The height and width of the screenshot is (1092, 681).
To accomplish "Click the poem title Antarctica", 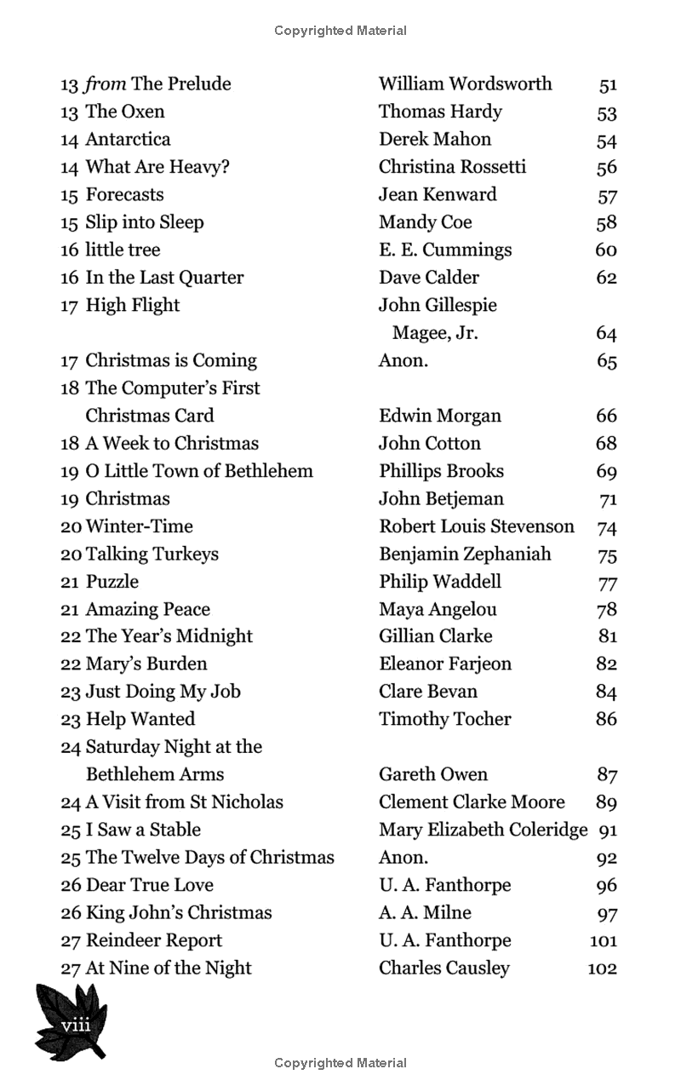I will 128,140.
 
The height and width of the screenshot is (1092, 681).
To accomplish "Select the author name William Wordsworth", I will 465,84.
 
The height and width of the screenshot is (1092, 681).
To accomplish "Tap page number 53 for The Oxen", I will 607,112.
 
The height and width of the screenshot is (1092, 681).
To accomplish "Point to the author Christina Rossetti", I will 452,167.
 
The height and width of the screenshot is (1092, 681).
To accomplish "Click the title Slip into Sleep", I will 145,222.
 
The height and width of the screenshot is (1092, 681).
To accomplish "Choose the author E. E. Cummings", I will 445,250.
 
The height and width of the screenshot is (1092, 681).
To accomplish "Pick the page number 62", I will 606,278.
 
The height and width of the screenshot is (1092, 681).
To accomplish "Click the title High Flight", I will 133,305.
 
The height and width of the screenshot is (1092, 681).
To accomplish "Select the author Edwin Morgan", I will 440,416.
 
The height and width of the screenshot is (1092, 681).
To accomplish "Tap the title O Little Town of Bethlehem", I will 199,471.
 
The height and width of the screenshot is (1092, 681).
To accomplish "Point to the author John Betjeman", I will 441,498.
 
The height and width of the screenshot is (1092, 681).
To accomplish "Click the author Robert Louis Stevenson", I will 477,526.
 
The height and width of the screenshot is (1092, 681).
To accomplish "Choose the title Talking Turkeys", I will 152,554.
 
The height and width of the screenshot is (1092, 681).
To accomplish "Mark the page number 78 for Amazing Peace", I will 607,610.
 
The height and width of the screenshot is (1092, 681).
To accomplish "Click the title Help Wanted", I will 140,719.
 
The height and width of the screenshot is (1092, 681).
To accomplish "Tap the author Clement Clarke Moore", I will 472,802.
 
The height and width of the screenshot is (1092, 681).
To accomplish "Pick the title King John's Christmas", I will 179,912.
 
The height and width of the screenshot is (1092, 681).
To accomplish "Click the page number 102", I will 602,968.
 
